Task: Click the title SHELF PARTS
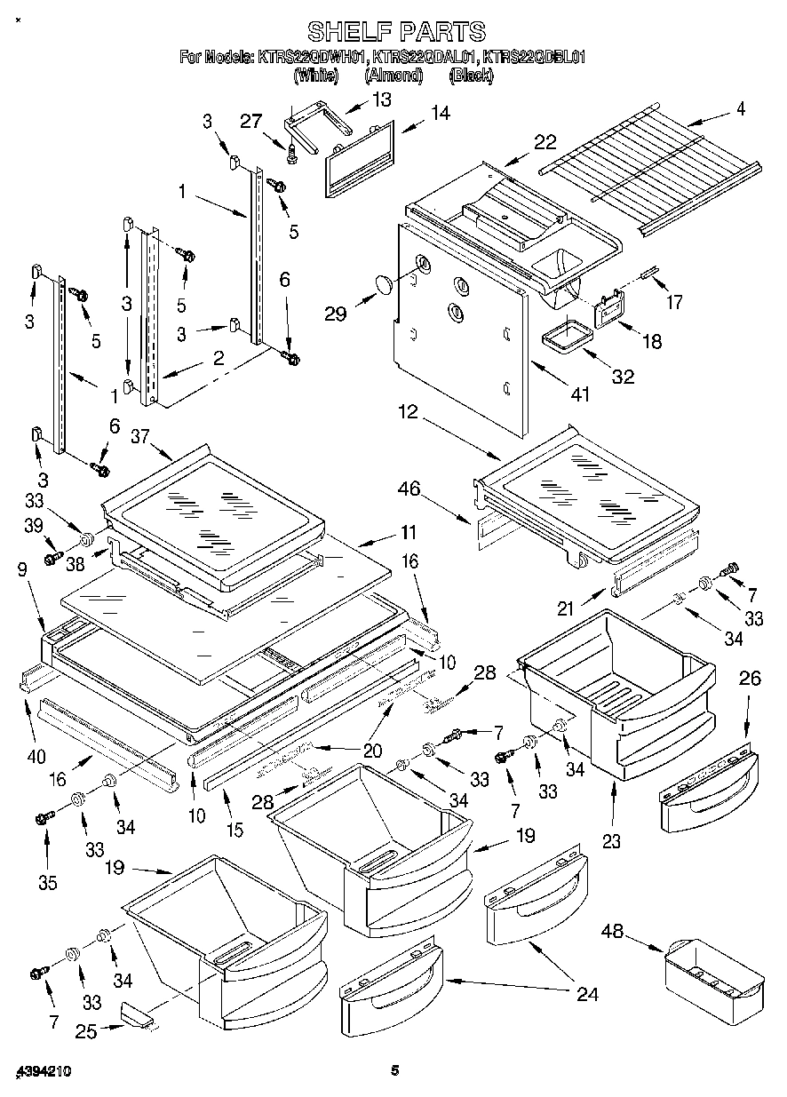[x=396, y=32]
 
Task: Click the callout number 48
[x=612, y=932]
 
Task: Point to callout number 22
[x=545, y=141]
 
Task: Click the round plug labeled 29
[x=384, y=284]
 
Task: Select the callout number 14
[x=439, y=113]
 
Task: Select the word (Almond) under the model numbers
[x=393, y=76]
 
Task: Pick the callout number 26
[x=750, y=680]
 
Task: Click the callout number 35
[x=47, y=882]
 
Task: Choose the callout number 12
[x=408, y=412]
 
